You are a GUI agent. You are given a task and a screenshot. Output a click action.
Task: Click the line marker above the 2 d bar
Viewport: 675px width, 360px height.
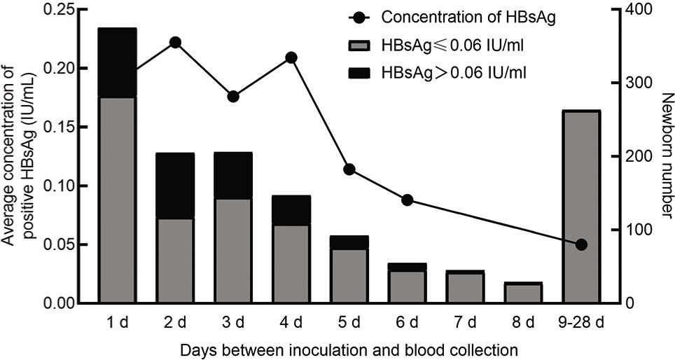(176, 43)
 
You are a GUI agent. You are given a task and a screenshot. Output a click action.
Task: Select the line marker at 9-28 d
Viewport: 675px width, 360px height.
(581, 244)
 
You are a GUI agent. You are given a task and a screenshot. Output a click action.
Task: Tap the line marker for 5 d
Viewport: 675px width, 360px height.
(349, 169)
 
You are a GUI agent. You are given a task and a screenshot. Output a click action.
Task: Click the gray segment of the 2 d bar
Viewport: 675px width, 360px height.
(175, 261)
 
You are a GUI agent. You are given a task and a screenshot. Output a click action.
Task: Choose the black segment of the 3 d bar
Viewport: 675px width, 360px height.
(233, 175)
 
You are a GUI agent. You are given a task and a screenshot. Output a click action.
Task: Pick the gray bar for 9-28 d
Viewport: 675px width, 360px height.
(581, 207)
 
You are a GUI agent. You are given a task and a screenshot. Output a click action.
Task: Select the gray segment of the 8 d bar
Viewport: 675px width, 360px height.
(523, 294)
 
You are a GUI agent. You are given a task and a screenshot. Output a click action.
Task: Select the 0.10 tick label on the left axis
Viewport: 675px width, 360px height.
(64, 186)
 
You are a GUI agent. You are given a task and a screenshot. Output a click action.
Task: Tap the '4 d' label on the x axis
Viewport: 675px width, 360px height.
(291, 323)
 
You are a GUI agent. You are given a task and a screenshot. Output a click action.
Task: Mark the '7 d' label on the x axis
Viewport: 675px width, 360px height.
(466, 323)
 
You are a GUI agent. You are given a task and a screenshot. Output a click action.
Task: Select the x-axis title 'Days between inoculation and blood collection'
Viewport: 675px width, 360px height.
(349, 349)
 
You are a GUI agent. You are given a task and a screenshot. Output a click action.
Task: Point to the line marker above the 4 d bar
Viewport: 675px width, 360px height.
(291, 57)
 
